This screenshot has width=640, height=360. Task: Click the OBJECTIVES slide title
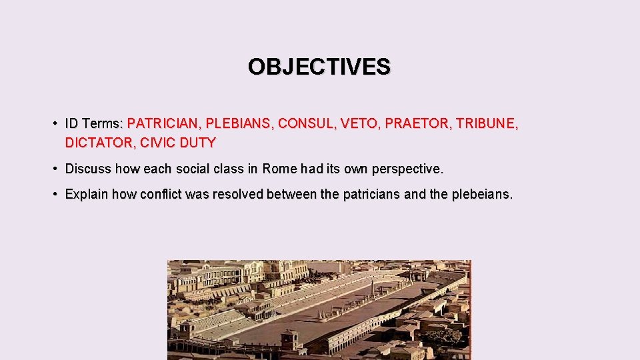[x=319, y=67]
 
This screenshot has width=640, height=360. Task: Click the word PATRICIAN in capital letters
[x=163, y=123]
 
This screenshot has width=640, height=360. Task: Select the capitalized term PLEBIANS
[x=238, y=123]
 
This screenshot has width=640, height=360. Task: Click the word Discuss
[x=88, y=169]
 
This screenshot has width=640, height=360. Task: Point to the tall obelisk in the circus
[x=373, y=288]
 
